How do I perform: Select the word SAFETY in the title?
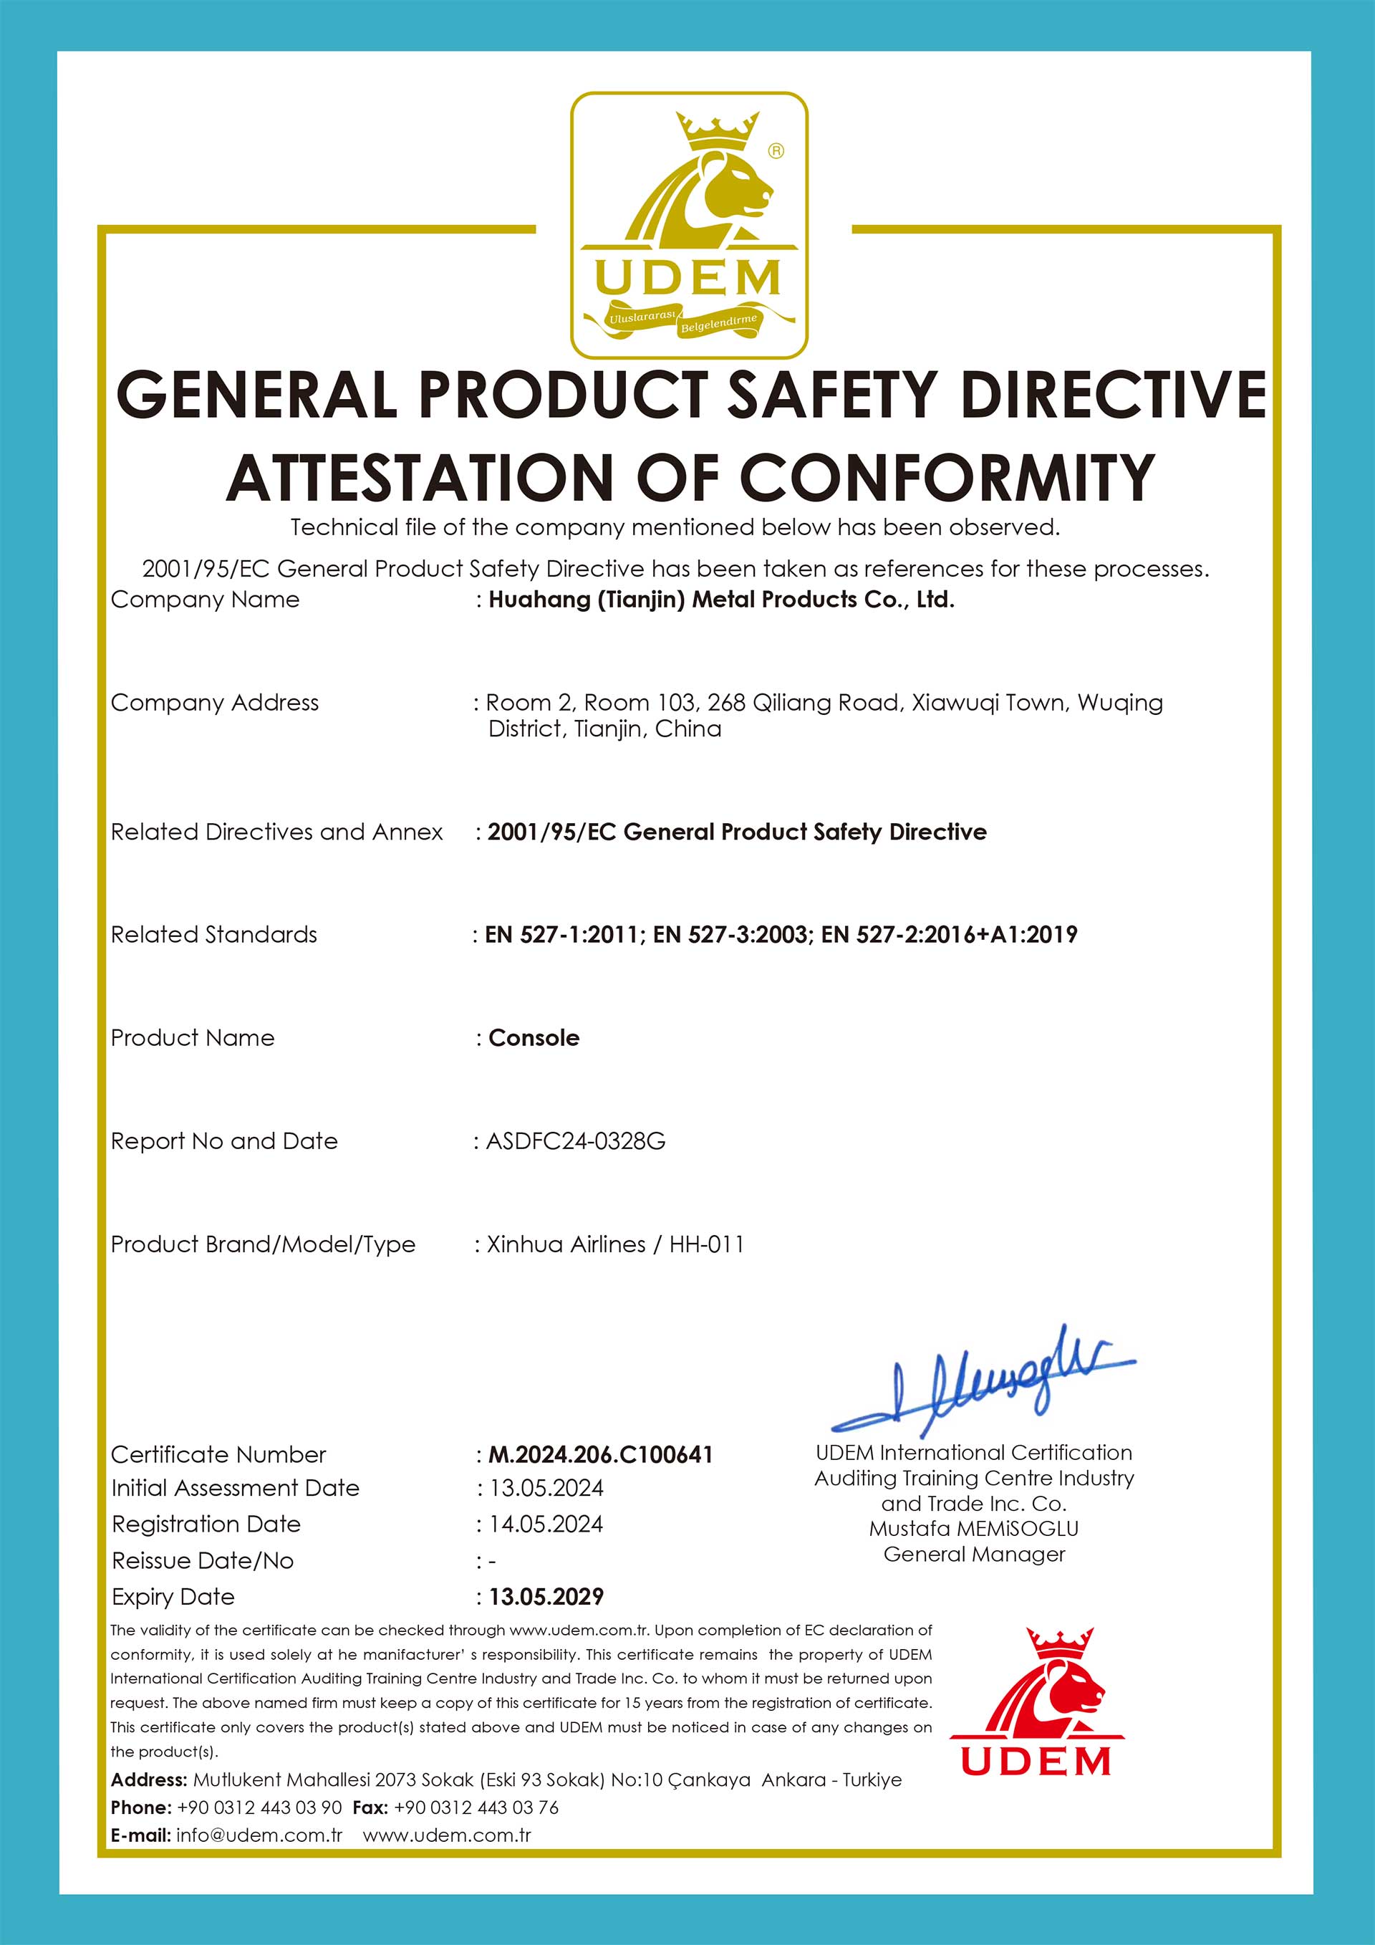point(831,395)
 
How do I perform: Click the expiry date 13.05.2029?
point(546,1597)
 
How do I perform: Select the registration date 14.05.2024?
point(546,1524)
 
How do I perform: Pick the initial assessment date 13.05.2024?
point(546,1489)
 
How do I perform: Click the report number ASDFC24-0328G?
point(575,1142)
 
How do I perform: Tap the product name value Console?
point(534,1039)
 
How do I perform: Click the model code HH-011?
point(706,1244)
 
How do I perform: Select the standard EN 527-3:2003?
point(730,935)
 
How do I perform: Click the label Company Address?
point(214,703)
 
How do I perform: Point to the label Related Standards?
point(213,935)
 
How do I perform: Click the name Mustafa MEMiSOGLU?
point(974,1529)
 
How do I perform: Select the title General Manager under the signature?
point(974,1555)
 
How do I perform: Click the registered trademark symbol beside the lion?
point(776,150)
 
